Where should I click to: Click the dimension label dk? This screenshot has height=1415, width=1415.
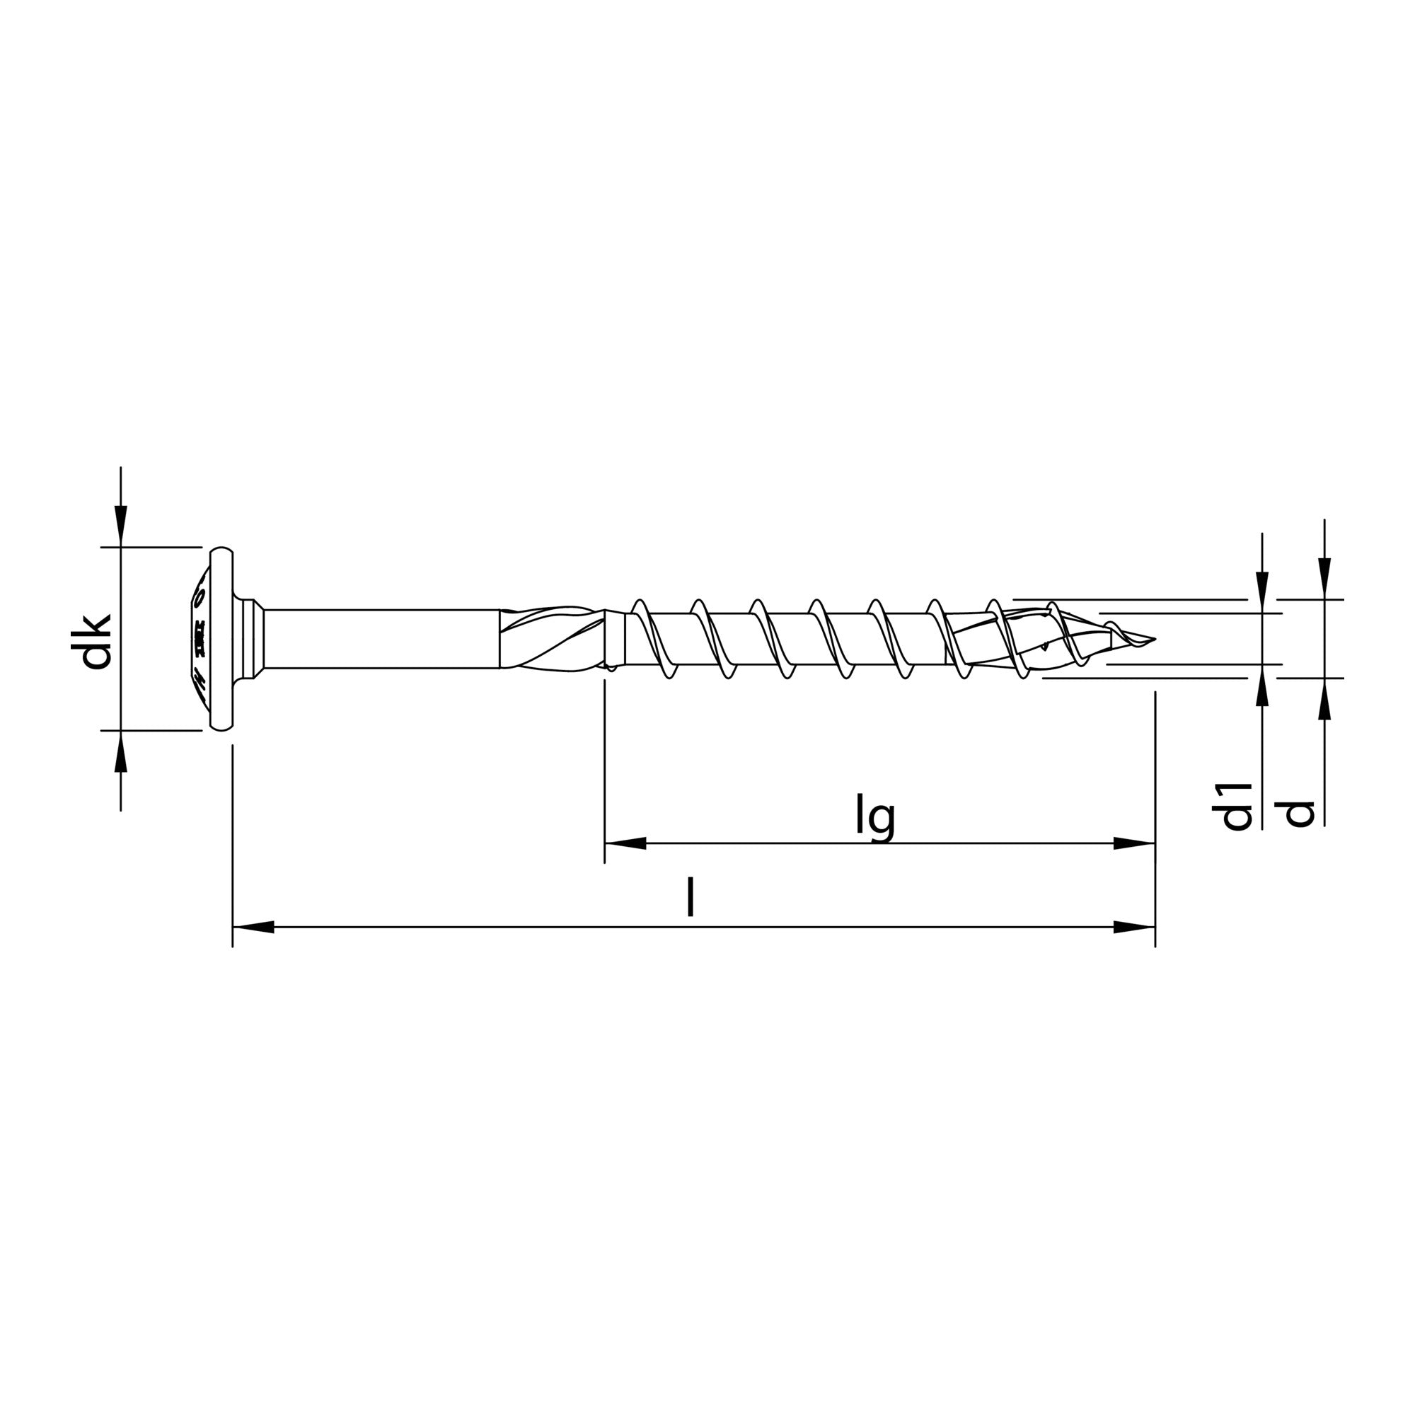tap(96, 642)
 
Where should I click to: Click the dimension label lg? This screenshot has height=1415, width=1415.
tap(876, 819)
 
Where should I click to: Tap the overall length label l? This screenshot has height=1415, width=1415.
tap(689, 899)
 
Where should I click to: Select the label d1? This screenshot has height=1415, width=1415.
tap(1237, 807)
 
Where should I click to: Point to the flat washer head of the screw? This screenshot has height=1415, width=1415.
tap(221, 639)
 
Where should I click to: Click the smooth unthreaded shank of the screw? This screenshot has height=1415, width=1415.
tap(381, 639)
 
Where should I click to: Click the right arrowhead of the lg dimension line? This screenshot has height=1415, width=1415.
tap(1135, 843)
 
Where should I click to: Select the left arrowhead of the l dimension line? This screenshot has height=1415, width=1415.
tap(253, 928)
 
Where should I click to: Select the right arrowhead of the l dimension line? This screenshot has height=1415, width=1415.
tap(1135, 928)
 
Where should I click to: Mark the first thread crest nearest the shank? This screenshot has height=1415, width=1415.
tap(640, 605)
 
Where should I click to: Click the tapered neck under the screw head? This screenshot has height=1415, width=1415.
tap(253, 639)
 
